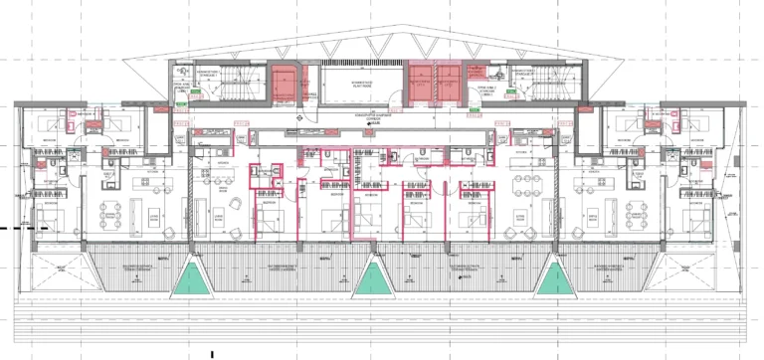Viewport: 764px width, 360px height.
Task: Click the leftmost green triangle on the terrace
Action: [192, 280]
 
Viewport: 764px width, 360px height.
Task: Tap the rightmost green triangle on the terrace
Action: [554, 280]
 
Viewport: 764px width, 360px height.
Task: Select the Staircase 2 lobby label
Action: [486, 90]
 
